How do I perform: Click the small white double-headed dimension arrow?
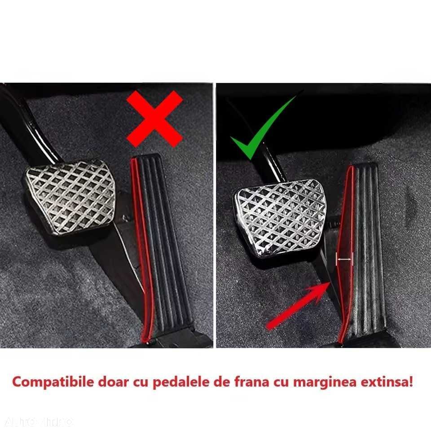coord(345,259)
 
